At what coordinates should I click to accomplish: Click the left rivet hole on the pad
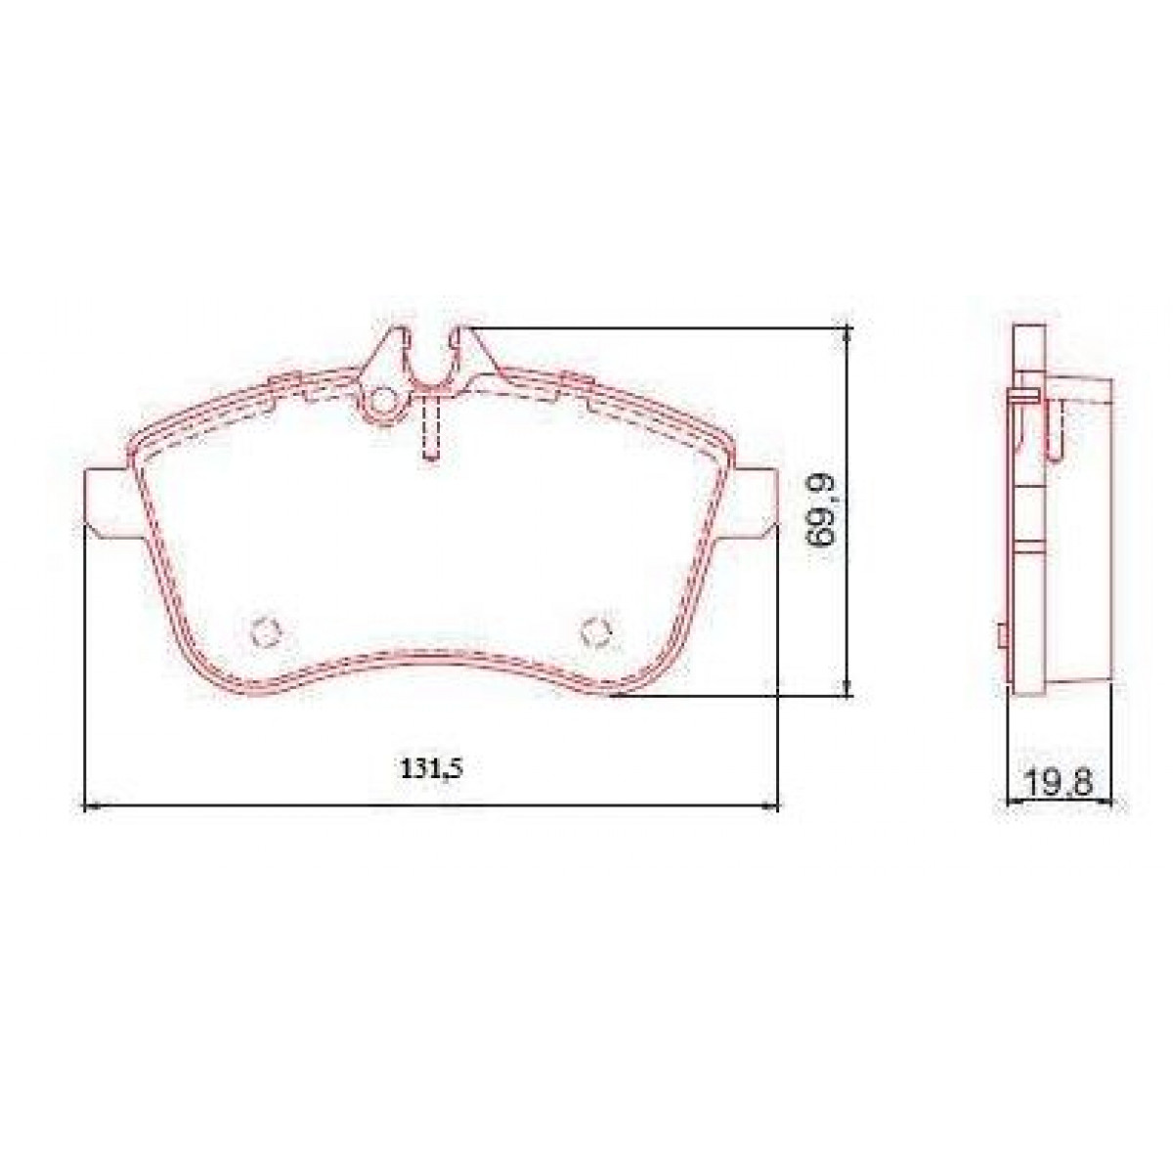coord(264,632)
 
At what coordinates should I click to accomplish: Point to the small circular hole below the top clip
coord(384,401)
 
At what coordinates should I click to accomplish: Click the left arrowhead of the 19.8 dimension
coord(1013,804)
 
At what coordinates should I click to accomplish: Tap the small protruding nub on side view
coord(1002,635)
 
